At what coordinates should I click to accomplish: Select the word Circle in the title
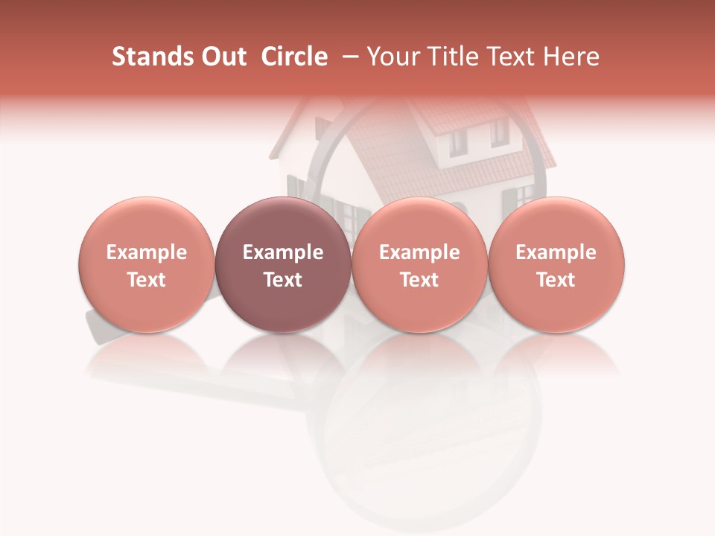(x=292, y=57)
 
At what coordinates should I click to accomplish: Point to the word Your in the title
(x=393, y=57)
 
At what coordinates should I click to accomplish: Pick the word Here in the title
(x=571, y=57)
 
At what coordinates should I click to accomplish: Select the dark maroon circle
(x=283, y=265)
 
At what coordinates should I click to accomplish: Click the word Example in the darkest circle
(x=283, y=252)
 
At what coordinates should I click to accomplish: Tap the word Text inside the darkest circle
(x=283, y=280)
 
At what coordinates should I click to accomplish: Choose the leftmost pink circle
(x=147, y=265)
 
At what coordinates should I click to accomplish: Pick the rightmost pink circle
(x=556, y=265)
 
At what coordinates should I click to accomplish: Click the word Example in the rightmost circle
(x=556, y=252)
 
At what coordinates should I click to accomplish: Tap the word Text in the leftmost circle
(x=147, y=280)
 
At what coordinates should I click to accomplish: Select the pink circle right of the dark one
(x=419, y=265)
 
